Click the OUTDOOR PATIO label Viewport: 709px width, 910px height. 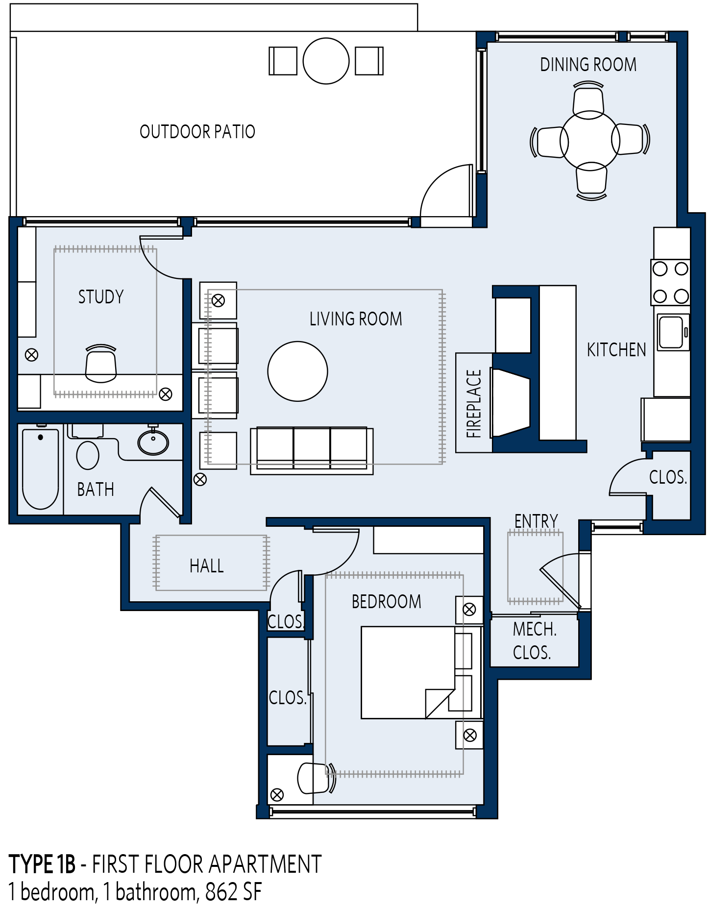click(197, 131)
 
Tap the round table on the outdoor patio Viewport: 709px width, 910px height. click(326, 61)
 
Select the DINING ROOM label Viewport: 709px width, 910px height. click(588, 64)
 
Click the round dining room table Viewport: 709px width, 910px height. click(590, 140)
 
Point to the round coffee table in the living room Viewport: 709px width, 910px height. click(297, 371)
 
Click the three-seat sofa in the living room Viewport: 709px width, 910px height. click(312, 450)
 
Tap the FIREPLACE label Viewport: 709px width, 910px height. click(474, 403)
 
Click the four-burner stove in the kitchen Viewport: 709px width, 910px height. click(670, 282)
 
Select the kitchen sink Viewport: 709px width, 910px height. click(673, 332)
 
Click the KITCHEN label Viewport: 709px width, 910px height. click(616, 349)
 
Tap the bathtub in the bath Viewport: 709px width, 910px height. click(40, 469)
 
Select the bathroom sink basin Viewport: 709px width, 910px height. click(153, 442)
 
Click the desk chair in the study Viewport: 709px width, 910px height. click(101, 364)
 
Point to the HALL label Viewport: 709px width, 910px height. click(206, 566)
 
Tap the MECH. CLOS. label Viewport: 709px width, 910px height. click(534, 640)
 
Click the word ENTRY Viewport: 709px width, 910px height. click(536, 521)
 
